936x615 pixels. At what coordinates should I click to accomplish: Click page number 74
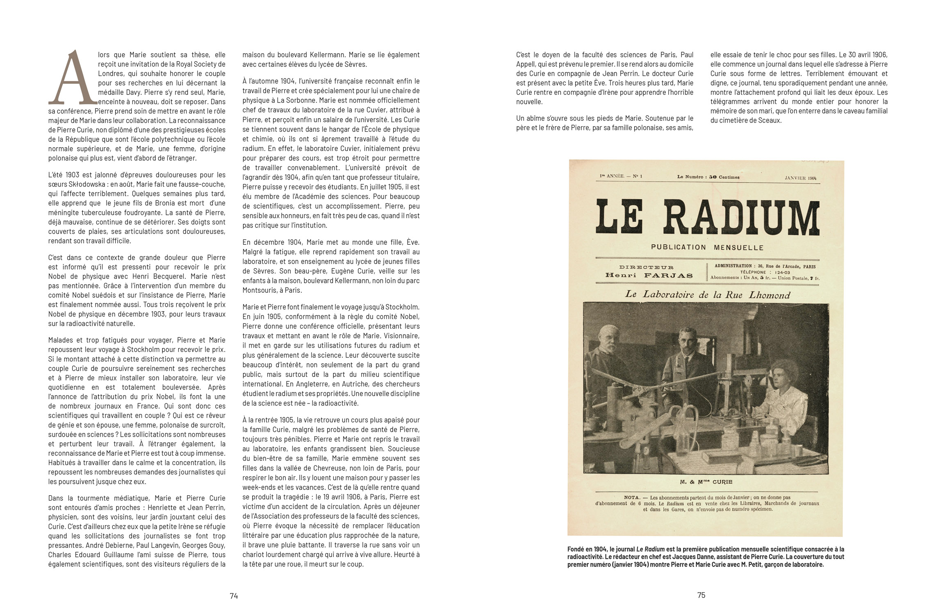(x=234, y=596)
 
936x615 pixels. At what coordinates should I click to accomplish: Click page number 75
(x=701, y=595)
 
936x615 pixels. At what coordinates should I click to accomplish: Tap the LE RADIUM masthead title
(x=707, y=220)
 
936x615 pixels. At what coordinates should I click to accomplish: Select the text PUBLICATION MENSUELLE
(x=707, y=247)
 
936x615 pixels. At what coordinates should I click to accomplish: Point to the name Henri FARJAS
(x=649, y=275)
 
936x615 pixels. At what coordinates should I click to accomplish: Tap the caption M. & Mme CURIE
(x=706, y=482)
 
